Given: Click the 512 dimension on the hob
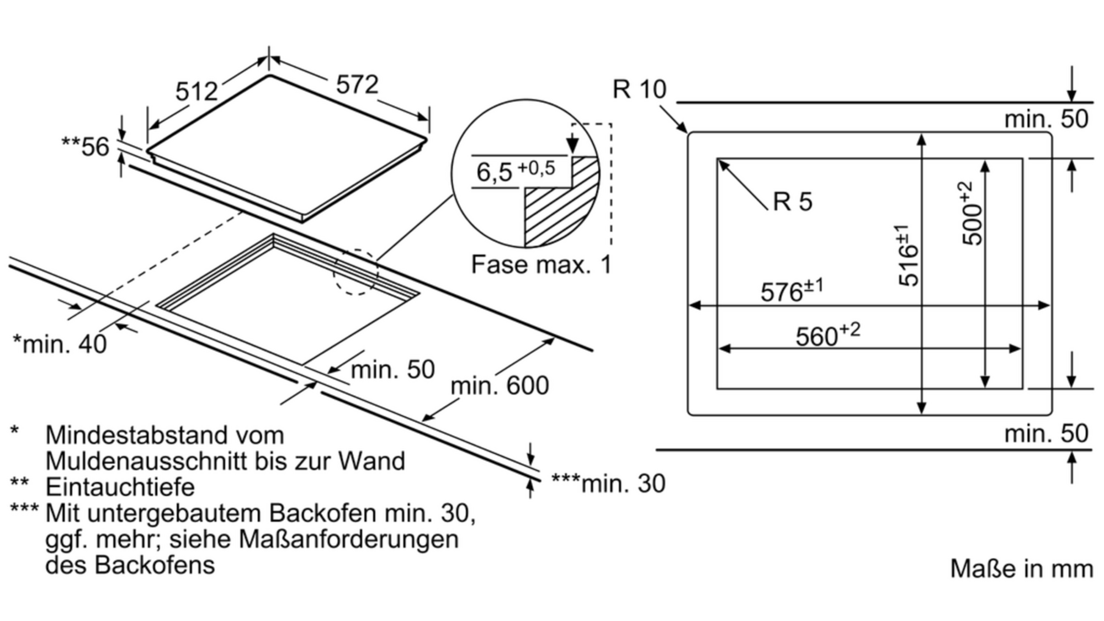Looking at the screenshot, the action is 197,91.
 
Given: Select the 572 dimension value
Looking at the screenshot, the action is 357,84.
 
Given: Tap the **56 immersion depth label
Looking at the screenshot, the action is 85,146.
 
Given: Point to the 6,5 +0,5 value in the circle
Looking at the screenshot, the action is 516,170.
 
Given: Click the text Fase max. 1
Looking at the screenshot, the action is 542,264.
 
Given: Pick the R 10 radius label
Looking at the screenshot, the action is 639,89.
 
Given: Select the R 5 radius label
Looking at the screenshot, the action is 793,201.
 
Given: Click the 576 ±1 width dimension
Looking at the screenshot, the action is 792,290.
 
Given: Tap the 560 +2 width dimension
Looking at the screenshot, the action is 827,335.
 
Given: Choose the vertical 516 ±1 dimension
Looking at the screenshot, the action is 907,255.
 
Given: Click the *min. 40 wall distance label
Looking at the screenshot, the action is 59,344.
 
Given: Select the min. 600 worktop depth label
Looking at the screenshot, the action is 500,385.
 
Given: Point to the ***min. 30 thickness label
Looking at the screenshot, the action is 608,484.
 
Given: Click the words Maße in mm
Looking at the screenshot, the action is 1021,569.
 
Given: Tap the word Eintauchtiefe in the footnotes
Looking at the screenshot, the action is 120,487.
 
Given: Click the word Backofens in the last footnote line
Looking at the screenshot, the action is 155,565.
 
